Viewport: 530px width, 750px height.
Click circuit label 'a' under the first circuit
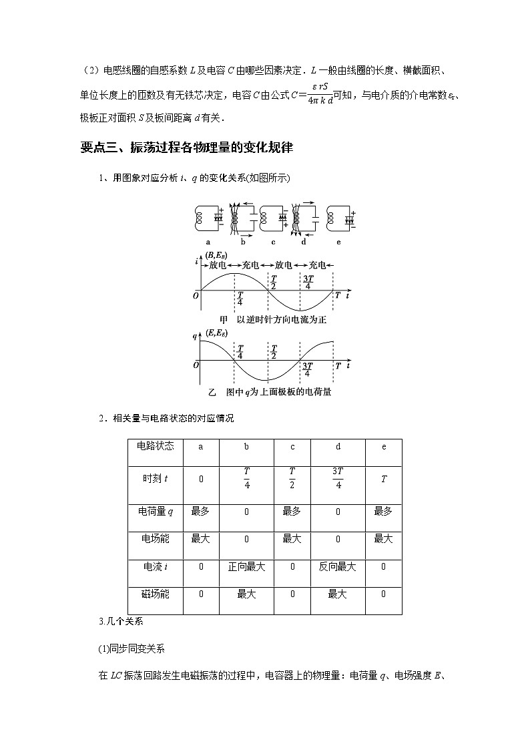point(208,242)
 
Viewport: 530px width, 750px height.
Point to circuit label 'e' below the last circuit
point(338,242)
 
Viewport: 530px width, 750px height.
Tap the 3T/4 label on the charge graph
point(308,369)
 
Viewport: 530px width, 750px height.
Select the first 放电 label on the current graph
point(218,265)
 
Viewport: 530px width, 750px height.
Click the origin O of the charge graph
point(196,365)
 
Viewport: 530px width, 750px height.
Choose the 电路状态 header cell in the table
point(155,447)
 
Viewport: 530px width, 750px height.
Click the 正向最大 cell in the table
point(246,566)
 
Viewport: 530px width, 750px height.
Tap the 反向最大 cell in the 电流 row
point(337,566)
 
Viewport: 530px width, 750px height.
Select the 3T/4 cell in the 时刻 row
point(337,478)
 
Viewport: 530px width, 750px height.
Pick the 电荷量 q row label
point(155,511)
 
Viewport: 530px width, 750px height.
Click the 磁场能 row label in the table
point(155,594)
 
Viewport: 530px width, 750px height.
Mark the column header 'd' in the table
point(338,447)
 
